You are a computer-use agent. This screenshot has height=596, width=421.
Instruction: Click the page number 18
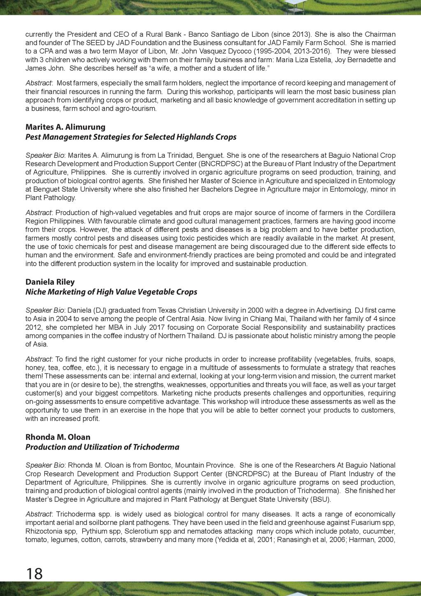click(34, 573)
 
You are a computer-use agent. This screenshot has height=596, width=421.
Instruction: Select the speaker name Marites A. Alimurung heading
click(65, 127)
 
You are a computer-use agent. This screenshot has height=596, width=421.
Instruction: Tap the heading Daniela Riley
click(50, 282)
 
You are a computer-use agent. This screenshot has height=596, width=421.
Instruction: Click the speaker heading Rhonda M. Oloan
click(58, 437)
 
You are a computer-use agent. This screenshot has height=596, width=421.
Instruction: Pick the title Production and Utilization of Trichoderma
click(102, 447)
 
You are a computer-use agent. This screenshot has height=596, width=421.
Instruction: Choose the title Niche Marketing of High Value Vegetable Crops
click(111, 292)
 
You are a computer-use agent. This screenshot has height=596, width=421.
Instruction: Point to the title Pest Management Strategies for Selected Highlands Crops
click(131, 137)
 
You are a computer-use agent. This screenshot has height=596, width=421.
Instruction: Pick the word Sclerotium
click(140, 531)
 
